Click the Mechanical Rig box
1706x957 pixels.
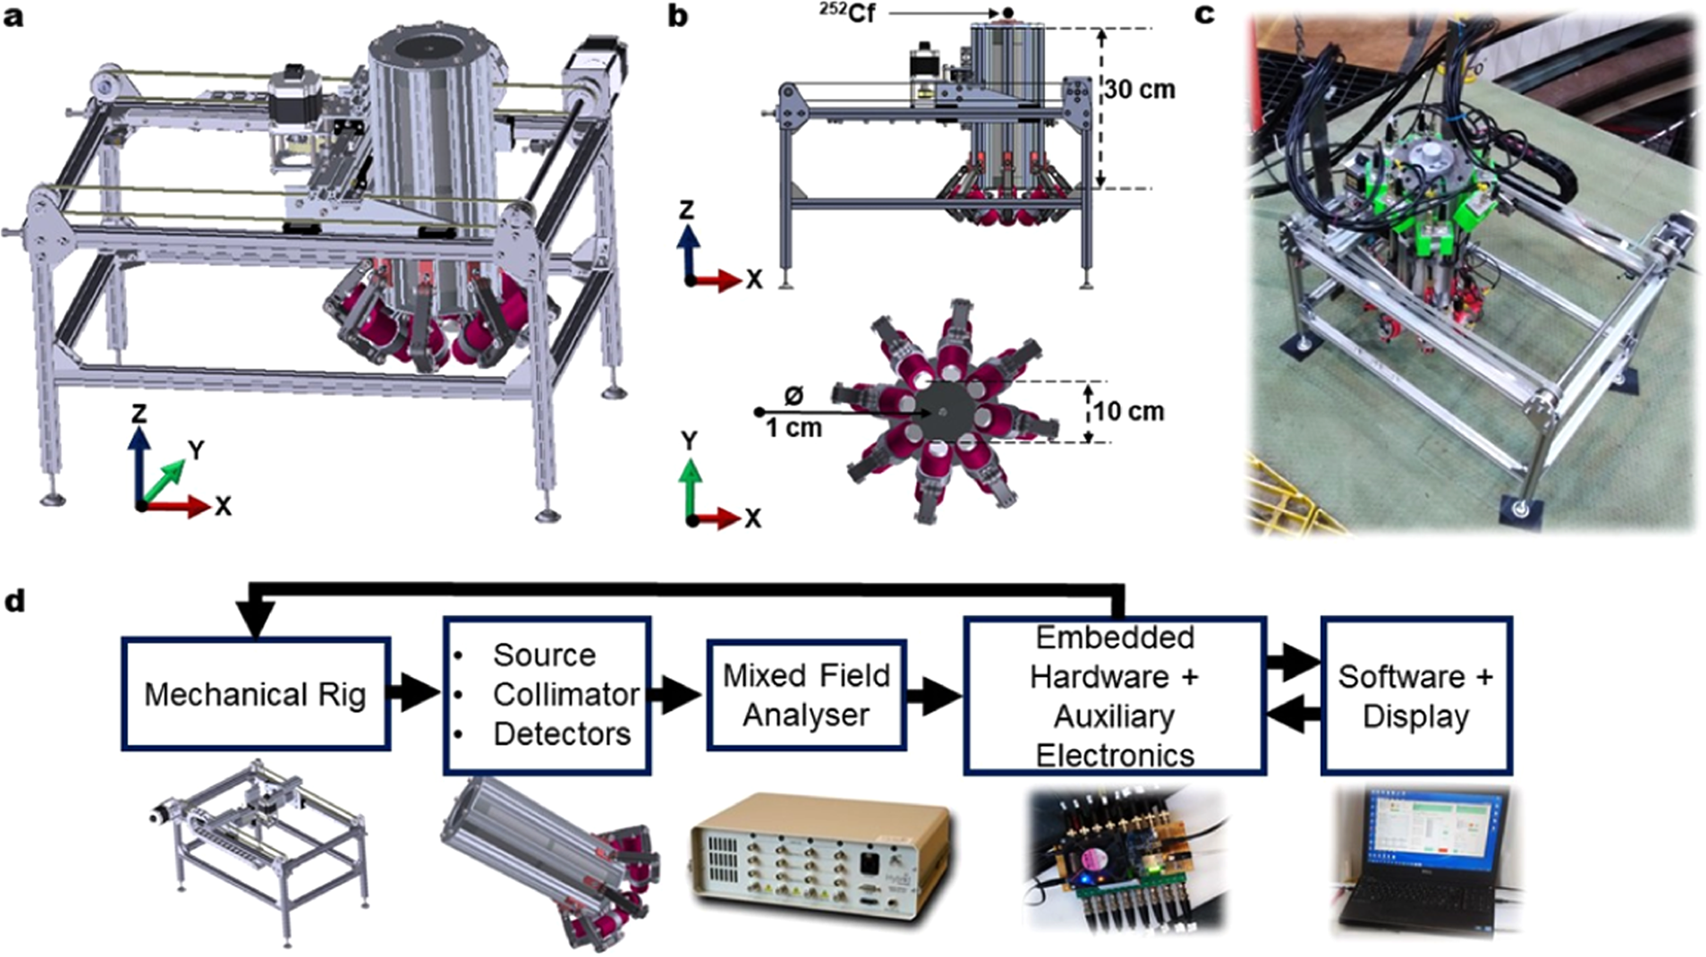coord(256,694)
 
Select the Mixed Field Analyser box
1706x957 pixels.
coord(806,694)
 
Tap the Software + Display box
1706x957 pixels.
coord(1415,695)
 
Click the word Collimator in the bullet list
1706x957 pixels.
coord(565,694)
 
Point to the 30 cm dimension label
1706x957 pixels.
coord(1141,89)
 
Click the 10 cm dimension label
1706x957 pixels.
coord(1129,411)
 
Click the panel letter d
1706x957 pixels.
coord(14,600)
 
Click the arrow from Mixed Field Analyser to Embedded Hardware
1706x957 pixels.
coord(934,695)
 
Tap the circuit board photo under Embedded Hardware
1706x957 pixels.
coord(1127,860)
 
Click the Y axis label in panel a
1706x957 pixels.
coord(195,449)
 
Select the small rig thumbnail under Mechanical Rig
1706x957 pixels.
coord(259,851)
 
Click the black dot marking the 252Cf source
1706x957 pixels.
coord(1007,13)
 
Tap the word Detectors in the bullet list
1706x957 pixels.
coord(562,734)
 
